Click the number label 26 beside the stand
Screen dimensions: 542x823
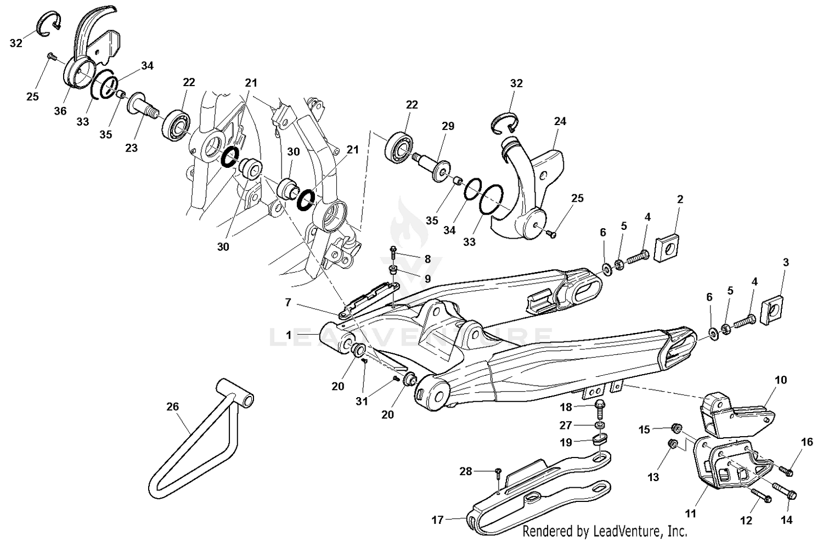point(173,406)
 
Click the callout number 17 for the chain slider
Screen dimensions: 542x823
point(437,519)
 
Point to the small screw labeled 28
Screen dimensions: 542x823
point(498,471)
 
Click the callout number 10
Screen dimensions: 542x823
point(780,380)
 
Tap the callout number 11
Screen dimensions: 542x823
point(690,513)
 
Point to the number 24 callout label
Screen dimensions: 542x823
point(560,121)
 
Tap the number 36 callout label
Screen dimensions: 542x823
point(60,111)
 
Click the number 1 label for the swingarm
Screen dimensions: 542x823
point(289,334)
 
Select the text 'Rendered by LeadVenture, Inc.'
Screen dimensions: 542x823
point(605,531)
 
